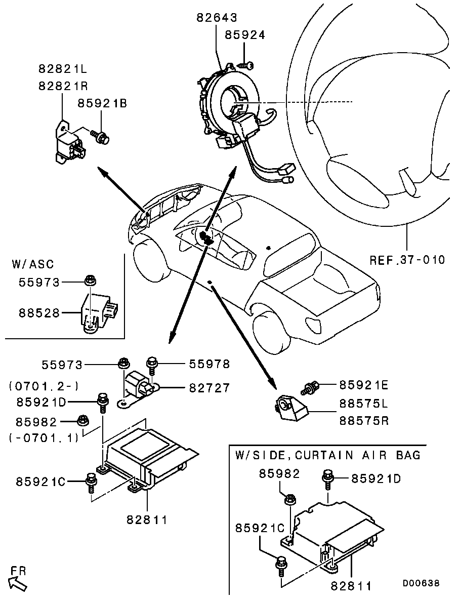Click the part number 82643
pyautogui.click(x=217, y=18)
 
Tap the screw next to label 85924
pyautogui.click(x=246, y=64)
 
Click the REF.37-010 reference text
pyautogui.click(x=407, y=260)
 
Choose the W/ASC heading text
pyautogui.click(x=32, y=264)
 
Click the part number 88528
pyautogui.click(x=39, y=313)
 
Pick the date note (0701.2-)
pyautogui.click(x=44, y=386)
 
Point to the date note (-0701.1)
pyautogui.click(x=44, y=437)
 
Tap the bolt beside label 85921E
pyautogui.click(x=309, y=388)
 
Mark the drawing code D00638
pyautogui.click(x=421, y=584)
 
